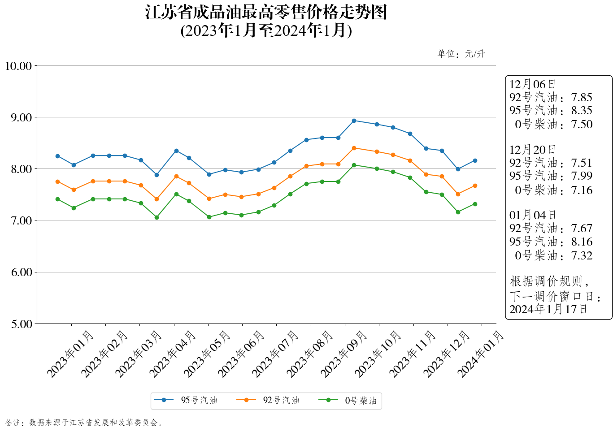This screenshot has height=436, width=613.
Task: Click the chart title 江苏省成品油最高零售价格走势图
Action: click(x=266, y=13)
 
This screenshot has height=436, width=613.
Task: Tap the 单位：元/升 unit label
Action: click(x=461, y=54)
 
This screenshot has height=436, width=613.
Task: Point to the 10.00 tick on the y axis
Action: click(x=18, y=66)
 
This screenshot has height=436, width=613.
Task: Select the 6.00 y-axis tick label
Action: click(x=21, y=272)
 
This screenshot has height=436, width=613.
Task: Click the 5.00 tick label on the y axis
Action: click(x=21, y=324)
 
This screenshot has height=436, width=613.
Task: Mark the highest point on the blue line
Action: click(x=354, y=121)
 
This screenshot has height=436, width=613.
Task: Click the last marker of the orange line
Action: click(x=475, y=186)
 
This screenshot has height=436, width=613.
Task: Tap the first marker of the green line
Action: click(x=57, y=199)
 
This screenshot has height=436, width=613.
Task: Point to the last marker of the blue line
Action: click(x=475, y=160)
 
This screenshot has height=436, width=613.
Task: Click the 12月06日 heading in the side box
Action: click(x=532, y=84)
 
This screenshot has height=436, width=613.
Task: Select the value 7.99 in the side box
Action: click(x=582, y=176)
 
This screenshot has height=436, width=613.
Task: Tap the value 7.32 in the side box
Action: click(x=582, y=256)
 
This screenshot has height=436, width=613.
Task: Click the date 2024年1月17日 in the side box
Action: click(x=548, y=309)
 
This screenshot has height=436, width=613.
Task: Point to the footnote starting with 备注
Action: click(x=84, y=423)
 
